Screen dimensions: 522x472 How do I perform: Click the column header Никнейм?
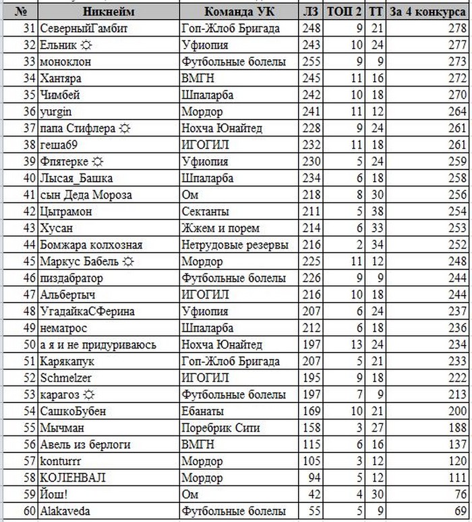[x=109, y=11]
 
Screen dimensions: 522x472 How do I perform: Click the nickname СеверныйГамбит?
[x=84, y=28]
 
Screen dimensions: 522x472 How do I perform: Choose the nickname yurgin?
[x=57, y=111]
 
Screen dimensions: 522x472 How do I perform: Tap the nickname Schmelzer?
[x=66, y=377]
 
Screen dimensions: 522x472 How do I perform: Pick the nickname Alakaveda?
[x=65, y=511]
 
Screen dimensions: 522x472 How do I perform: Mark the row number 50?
[x=29, y=344]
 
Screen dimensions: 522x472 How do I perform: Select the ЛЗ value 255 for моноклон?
[x=311, y=61]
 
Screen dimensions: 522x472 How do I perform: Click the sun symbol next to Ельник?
[x=86, y=45]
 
